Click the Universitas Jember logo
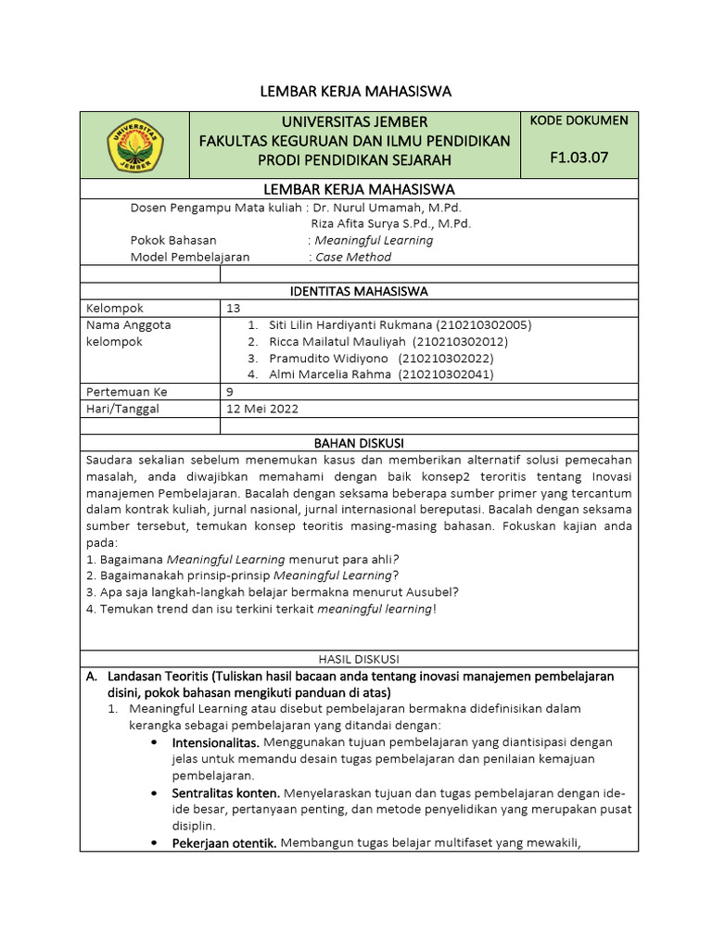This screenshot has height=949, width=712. [x=135, y=146]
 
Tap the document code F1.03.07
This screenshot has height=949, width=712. [x=578, y=158]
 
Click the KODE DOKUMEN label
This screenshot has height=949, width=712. [x=578, y=120]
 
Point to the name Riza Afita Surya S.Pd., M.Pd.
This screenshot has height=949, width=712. [x=390, y=223]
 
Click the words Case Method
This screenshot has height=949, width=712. [x=353, y=257]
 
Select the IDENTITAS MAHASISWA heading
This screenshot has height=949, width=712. [x=359, y=291]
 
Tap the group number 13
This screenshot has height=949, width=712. [x=233, y=308]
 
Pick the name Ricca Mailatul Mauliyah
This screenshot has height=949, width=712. [x=338, y=342]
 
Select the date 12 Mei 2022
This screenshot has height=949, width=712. [x=262, y=409]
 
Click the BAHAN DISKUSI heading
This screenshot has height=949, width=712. [x=359, y=443]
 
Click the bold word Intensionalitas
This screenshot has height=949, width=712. [x=215, y=742]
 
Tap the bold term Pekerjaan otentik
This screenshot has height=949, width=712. [x=223, y=842]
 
